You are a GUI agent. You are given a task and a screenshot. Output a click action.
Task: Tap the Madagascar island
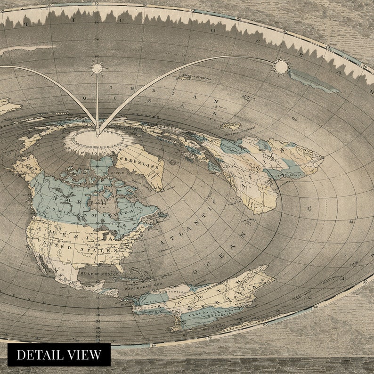pos(230,126)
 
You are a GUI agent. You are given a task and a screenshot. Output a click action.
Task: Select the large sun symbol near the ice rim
pos(281,66)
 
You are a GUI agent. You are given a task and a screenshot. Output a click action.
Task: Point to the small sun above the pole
pos(97,68)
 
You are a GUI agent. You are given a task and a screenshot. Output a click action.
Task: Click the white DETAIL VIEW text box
pos(59,355)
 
